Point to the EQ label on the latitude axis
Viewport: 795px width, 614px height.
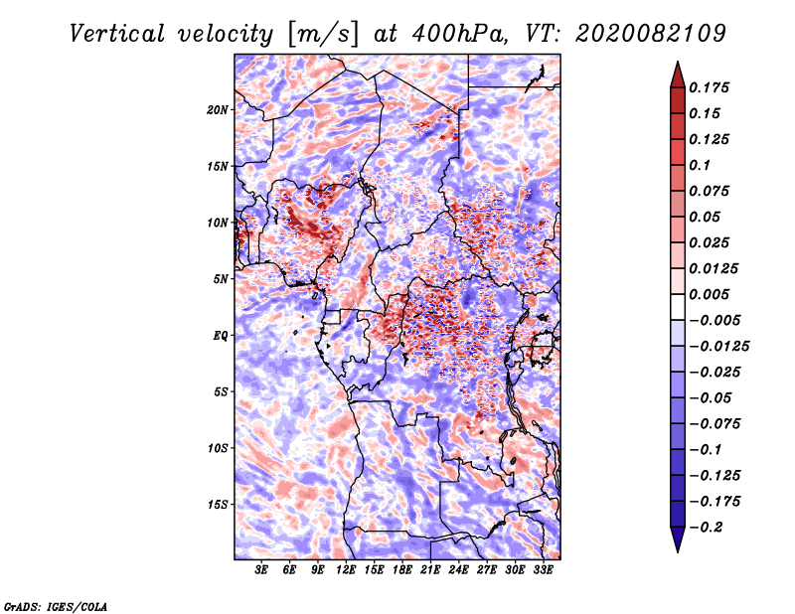[x=221, y=336]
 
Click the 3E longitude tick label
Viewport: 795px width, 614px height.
[x=262, y=571]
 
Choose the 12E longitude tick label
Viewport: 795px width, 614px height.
[x=347, y=571]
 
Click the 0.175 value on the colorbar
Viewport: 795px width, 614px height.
[x=712, y=87]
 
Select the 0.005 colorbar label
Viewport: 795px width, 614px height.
[x=712, y=295]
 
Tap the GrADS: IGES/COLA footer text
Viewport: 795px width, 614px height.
[x=55, y=605]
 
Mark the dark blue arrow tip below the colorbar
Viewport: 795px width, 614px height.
[x=677, y=541]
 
